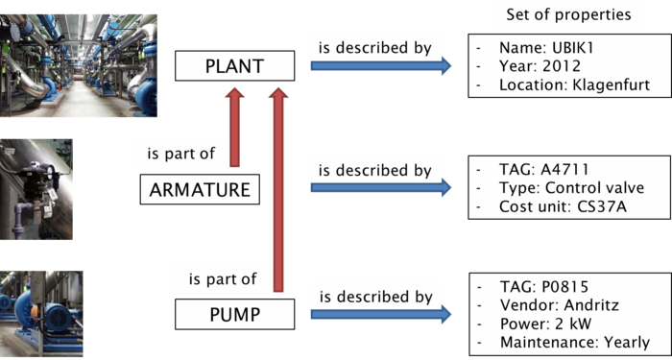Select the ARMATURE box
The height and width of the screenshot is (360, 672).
coord(200,190)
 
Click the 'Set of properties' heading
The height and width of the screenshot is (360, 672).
coord(561,14)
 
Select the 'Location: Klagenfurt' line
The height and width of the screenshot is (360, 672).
coord(574,85)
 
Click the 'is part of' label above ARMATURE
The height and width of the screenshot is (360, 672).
coord(181,154)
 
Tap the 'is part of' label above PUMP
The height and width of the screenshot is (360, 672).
coord(223,279)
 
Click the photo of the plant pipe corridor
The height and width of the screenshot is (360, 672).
coord(79,64)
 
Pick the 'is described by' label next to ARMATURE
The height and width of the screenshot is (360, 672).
coord(374,170)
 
